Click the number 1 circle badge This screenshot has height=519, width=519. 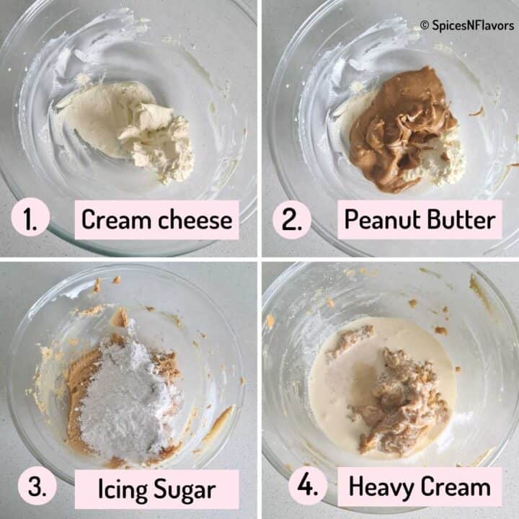[x=30, y=217]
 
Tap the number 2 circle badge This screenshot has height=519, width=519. [x=292, y=220]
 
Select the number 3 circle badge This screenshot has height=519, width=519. [x=37, y=486]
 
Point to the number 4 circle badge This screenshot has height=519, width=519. [x=308, y=486]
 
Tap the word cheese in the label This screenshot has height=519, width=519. [x=195, y=219]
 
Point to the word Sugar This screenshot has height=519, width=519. [x=185, y=491]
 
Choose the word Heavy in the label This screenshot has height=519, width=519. [x=379, y=487]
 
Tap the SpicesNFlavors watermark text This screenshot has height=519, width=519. [x=473, y=25]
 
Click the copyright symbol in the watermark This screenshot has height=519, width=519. [x=425, y=25]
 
